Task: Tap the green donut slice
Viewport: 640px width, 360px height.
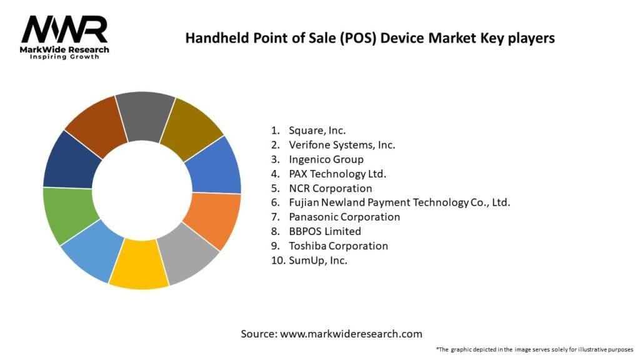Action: click(x=67, y=214)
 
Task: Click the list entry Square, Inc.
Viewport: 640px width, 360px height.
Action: click(x=317, y=130)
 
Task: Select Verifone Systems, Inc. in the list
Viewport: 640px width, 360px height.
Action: click(x=342, y=144)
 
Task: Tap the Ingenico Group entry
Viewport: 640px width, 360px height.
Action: click(x=326, y=159)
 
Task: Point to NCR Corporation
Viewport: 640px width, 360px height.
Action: click(x=330, y=188)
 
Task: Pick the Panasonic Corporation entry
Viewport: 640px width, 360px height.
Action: click(x=344, y=217)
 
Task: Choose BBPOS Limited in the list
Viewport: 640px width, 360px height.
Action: click(x=324, y=231)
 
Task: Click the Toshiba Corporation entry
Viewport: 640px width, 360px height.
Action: click(x=338, y=246)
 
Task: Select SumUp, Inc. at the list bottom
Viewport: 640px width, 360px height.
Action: click(x=317, y=260)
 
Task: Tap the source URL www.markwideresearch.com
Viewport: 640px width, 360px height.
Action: click(x=351, y=334)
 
